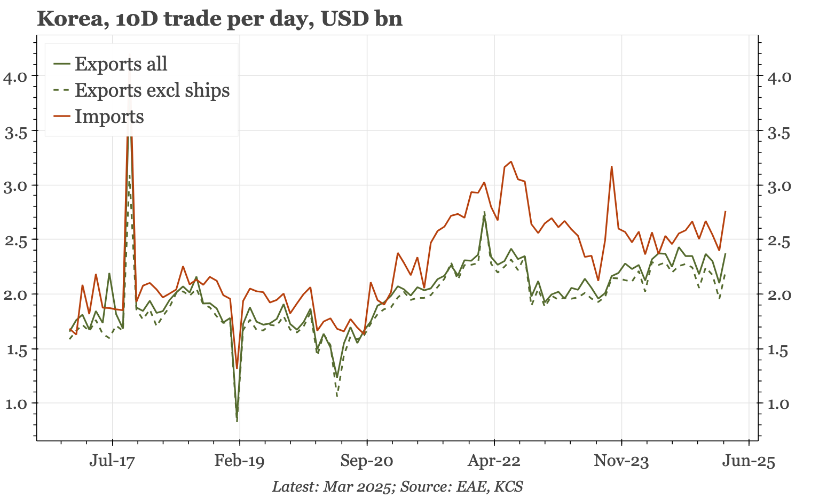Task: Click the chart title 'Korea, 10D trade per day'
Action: click(x=219, y=19)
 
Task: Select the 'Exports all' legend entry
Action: click(x=121, y=64)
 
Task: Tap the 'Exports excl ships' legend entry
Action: click(x=152, y=90)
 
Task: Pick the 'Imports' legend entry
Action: click(x=109, y=116)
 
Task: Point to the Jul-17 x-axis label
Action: click(x=112, y=461)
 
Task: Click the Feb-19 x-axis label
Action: click(x=240, y=461)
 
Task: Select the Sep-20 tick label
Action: click(x=367, y=461)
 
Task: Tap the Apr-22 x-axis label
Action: click(x=494, y=461)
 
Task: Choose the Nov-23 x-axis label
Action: click(x=621, y=461)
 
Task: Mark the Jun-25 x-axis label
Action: click(x=749, y=461)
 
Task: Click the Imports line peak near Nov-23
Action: click(x=611, y=167)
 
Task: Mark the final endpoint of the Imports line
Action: click(x=726, y=212)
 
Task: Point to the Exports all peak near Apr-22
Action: click(x=484, y=215)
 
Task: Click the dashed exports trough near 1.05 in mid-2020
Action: click(x=337, y=396)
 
